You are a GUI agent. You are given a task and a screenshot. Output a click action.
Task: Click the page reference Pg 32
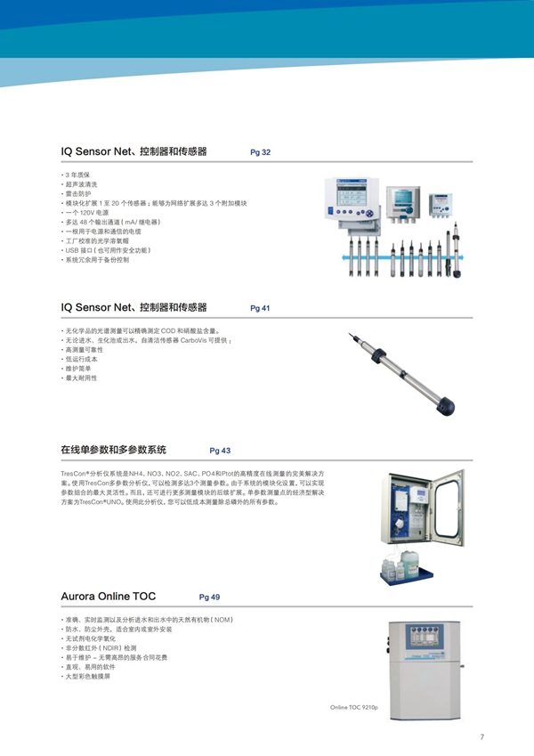coord(261,153)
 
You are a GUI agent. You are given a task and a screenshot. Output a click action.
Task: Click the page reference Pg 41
coord(261,308)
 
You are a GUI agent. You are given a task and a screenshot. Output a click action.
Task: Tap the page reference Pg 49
coord(209,597)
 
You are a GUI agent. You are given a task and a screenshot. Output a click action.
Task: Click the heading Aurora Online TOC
coord(109,596)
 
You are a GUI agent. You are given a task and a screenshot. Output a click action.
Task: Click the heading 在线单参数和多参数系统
coord(113,450)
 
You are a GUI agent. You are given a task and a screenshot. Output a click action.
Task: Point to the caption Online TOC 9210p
coord(353,706)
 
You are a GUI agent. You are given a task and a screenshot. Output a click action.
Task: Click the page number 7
coord(481,736)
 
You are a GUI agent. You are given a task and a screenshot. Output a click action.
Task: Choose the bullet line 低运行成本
coord(81,359)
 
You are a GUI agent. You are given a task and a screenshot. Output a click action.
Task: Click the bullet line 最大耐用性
coord(81,378)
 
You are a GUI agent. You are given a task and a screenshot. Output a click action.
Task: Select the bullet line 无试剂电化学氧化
coord(93,638)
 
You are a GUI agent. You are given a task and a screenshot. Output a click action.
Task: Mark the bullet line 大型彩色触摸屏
coord(88,677)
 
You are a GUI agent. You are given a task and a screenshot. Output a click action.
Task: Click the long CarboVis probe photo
coord(400,375)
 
